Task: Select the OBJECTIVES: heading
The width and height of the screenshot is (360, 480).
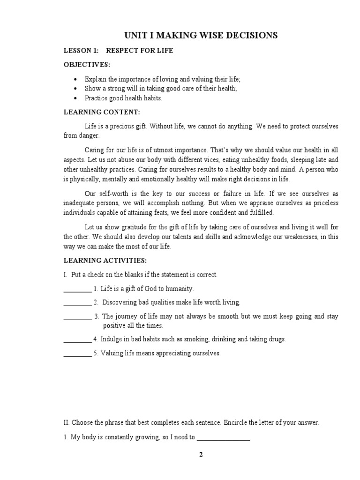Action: coord(87,64)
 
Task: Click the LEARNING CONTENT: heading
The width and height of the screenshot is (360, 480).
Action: coord(102,112)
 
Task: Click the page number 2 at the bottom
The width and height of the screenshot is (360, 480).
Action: coord(201,454)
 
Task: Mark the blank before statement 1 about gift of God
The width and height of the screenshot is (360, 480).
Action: coord(77,289)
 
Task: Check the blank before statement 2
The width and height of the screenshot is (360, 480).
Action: coord(77,302)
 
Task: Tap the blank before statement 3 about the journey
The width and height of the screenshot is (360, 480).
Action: coord(77,316)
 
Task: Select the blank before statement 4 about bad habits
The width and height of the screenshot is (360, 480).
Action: coord(77,339)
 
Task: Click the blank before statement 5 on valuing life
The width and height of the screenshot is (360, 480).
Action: coord(77,353)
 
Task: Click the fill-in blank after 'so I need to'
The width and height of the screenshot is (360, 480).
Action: coord(223,437)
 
